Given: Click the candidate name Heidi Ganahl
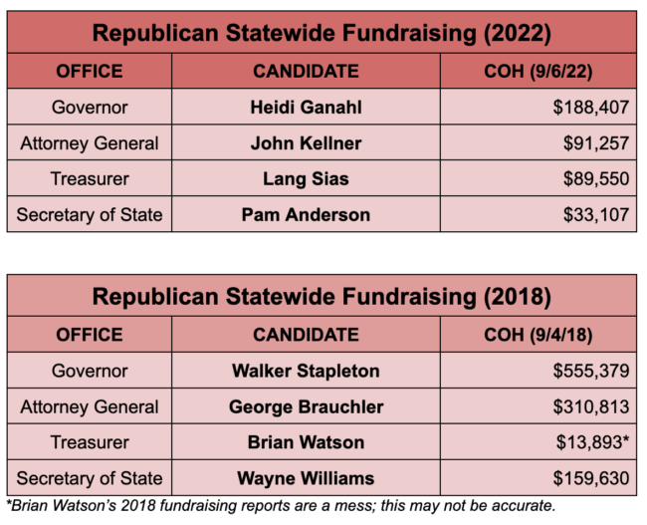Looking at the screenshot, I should coord(306,107).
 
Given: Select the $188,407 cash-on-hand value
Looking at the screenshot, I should coord(591,107).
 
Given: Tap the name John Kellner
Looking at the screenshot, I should coord(306,142).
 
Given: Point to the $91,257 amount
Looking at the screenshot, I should coord(595,142).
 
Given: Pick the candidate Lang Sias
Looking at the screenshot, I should coord(306,178).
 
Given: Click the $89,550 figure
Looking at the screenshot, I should coord(595,178).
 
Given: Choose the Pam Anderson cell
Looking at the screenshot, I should coord(306,214).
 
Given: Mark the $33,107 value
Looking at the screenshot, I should coord(595,214).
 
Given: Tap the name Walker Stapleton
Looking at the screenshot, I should coord(306,371).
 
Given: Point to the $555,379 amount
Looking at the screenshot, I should coord(591,371).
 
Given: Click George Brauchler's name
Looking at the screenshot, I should coord(306,406).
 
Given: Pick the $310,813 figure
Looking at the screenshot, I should coord(591,406).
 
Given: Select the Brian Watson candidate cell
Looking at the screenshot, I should coord(306,442).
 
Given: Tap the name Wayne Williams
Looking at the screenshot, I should coord(306,478).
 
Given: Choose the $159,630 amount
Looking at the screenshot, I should coord(591,478).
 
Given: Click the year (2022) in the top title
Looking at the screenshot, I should coord(516,33).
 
